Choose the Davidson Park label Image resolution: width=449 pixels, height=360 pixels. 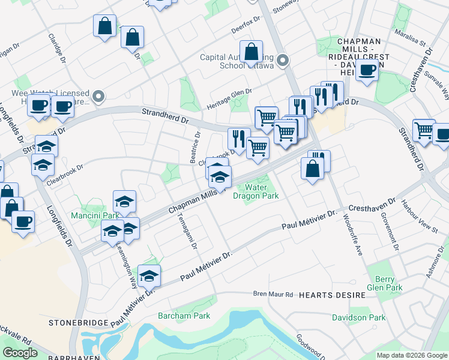coord(359,317)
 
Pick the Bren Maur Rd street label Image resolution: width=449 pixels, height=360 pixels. coord(273,295)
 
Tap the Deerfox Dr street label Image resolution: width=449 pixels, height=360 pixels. coord(247,24)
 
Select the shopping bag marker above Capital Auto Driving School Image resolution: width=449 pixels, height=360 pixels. coord(252,51)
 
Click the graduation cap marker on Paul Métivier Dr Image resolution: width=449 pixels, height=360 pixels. coord(149,276)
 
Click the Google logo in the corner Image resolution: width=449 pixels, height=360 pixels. coord(20,353)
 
